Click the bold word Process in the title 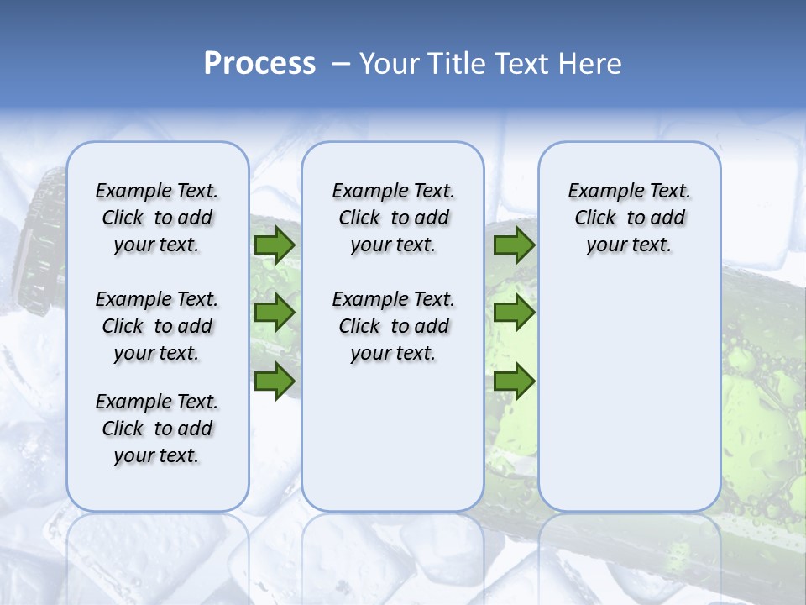click(x=259, y=64)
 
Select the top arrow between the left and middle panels click(x=274, y=245)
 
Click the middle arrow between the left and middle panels click(x=274, y=313)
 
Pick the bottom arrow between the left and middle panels click(x=274, y=381)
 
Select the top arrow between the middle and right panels click(x=514, y=245)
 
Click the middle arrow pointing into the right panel click(x=514, y=313)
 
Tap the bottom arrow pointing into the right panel click(x=514, y=381)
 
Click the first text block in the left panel click(x=157, y=218)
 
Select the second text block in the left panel click(x=157, y=326)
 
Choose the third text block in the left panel click(x=157, y=429)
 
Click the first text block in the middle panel click(x=393, y=218)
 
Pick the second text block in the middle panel click(x=393, y=326)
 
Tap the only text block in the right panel click(x=629, y=218)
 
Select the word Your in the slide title click(x=390, y=64)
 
